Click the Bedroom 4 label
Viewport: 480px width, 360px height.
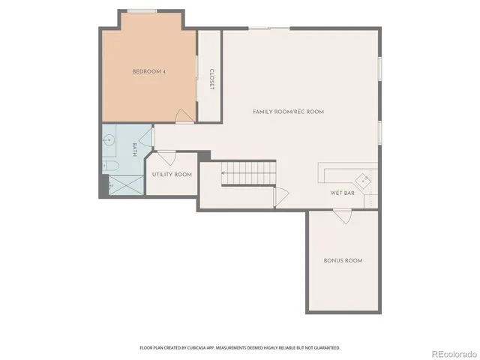148,71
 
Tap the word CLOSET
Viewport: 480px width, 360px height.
211,79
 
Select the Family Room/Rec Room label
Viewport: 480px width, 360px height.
288,111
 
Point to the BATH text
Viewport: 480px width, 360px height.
135,148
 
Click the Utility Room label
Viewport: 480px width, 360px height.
172,174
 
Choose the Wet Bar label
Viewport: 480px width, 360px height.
342,193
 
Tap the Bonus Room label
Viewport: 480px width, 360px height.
343,260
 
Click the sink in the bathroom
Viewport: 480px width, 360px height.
109,139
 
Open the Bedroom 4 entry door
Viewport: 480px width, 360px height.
182,115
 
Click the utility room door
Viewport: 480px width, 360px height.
166,158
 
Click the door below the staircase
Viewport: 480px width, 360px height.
280,196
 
